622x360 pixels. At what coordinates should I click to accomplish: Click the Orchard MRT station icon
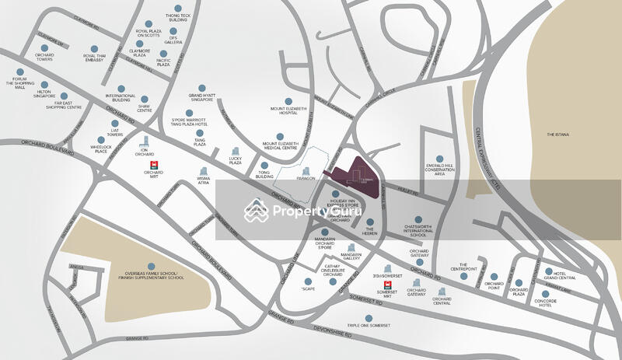[x=154, y=165]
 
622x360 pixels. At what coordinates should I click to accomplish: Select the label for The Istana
[x=558, y=135]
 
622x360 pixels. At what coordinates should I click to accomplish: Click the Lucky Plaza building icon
[x=235, y=151]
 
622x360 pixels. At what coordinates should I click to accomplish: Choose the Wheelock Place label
[x=100, y=149]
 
